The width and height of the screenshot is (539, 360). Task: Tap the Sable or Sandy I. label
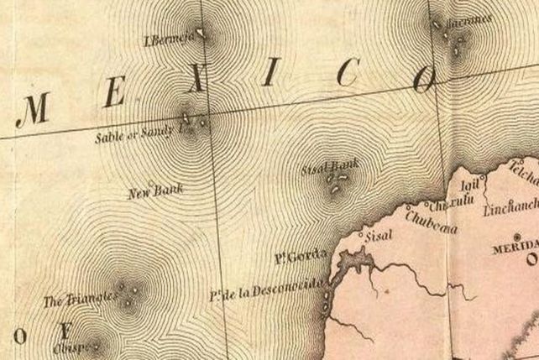click(137, 133)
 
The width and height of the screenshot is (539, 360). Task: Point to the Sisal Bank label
click(329, 170)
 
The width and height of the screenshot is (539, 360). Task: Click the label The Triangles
click(76, 300)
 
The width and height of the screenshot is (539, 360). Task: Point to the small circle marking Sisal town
click(362, 235)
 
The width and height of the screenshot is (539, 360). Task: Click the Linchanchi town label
click(510, 206)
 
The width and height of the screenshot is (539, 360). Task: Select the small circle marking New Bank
click(149, 184)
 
